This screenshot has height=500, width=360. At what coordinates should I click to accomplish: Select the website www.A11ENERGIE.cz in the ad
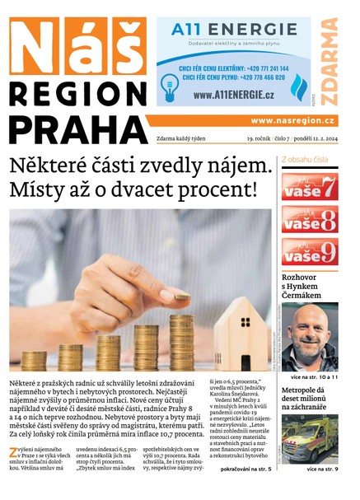(233, 95)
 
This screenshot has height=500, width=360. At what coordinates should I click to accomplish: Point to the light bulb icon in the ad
(170, 84)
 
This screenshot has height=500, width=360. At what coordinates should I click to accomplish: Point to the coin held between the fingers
(181, 296)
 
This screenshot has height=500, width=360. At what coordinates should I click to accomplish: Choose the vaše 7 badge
(310, 186)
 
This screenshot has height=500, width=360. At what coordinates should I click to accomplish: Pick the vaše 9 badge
(310, 251)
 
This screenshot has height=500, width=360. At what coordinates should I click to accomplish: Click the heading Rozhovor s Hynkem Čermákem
(308, 290)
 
